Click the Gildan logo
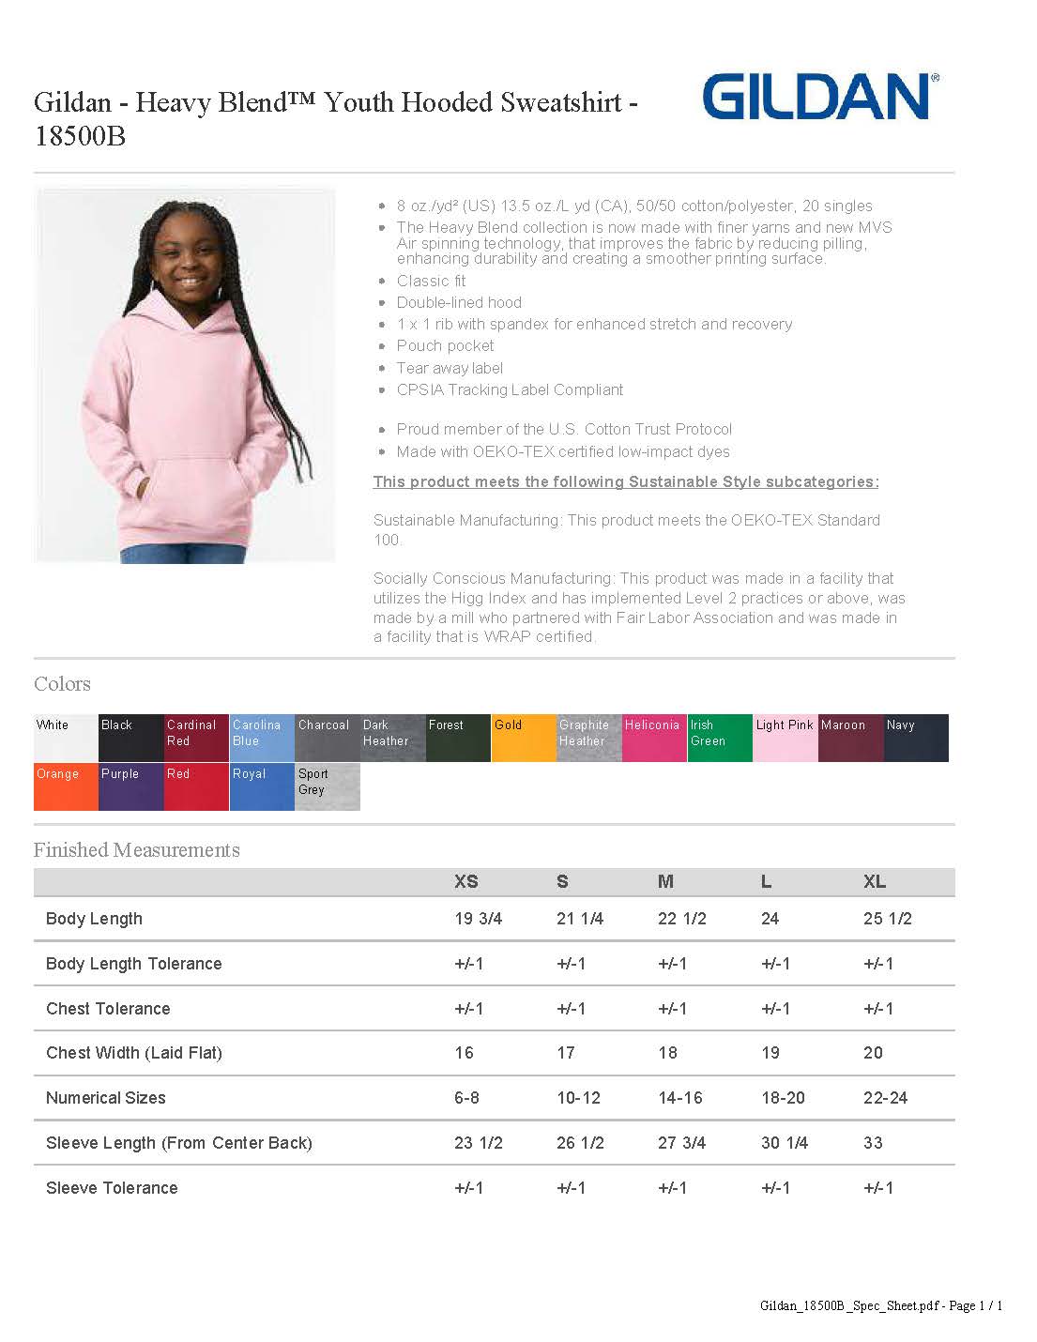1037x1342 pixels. point(819,97)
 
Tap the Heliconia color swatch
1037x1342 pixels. point(654,739)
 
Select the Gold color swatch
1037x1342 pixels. point(524,739)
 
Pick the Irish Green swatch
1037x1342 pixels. point(720,739)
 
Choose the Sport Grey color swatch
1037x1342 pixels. point(328,787)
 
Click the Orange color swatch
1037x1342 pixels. point(66,787)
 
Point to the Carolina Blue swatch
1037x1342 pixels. point(262,739)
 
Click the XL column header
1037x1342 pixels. point(875,882)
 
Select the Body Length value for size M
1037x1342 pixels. point(682,919)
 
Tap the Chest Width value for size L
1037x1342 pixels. point(770,1053)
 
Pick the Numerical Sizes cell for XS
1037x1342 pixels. point(466,1098)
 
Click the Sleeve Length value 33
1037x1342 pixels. point(873,1143)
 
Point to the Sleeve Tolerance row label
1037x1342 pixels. point(112,1188)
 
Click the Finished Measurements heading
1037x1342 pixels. point(137,850)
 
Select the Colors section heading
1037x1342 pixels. point(62,684)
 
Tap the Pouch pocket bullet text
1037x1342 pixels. point(445,346)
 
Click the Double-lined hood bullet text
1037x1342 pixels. point(459,302)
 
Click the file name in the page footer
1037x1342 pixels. point(849,1305)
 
